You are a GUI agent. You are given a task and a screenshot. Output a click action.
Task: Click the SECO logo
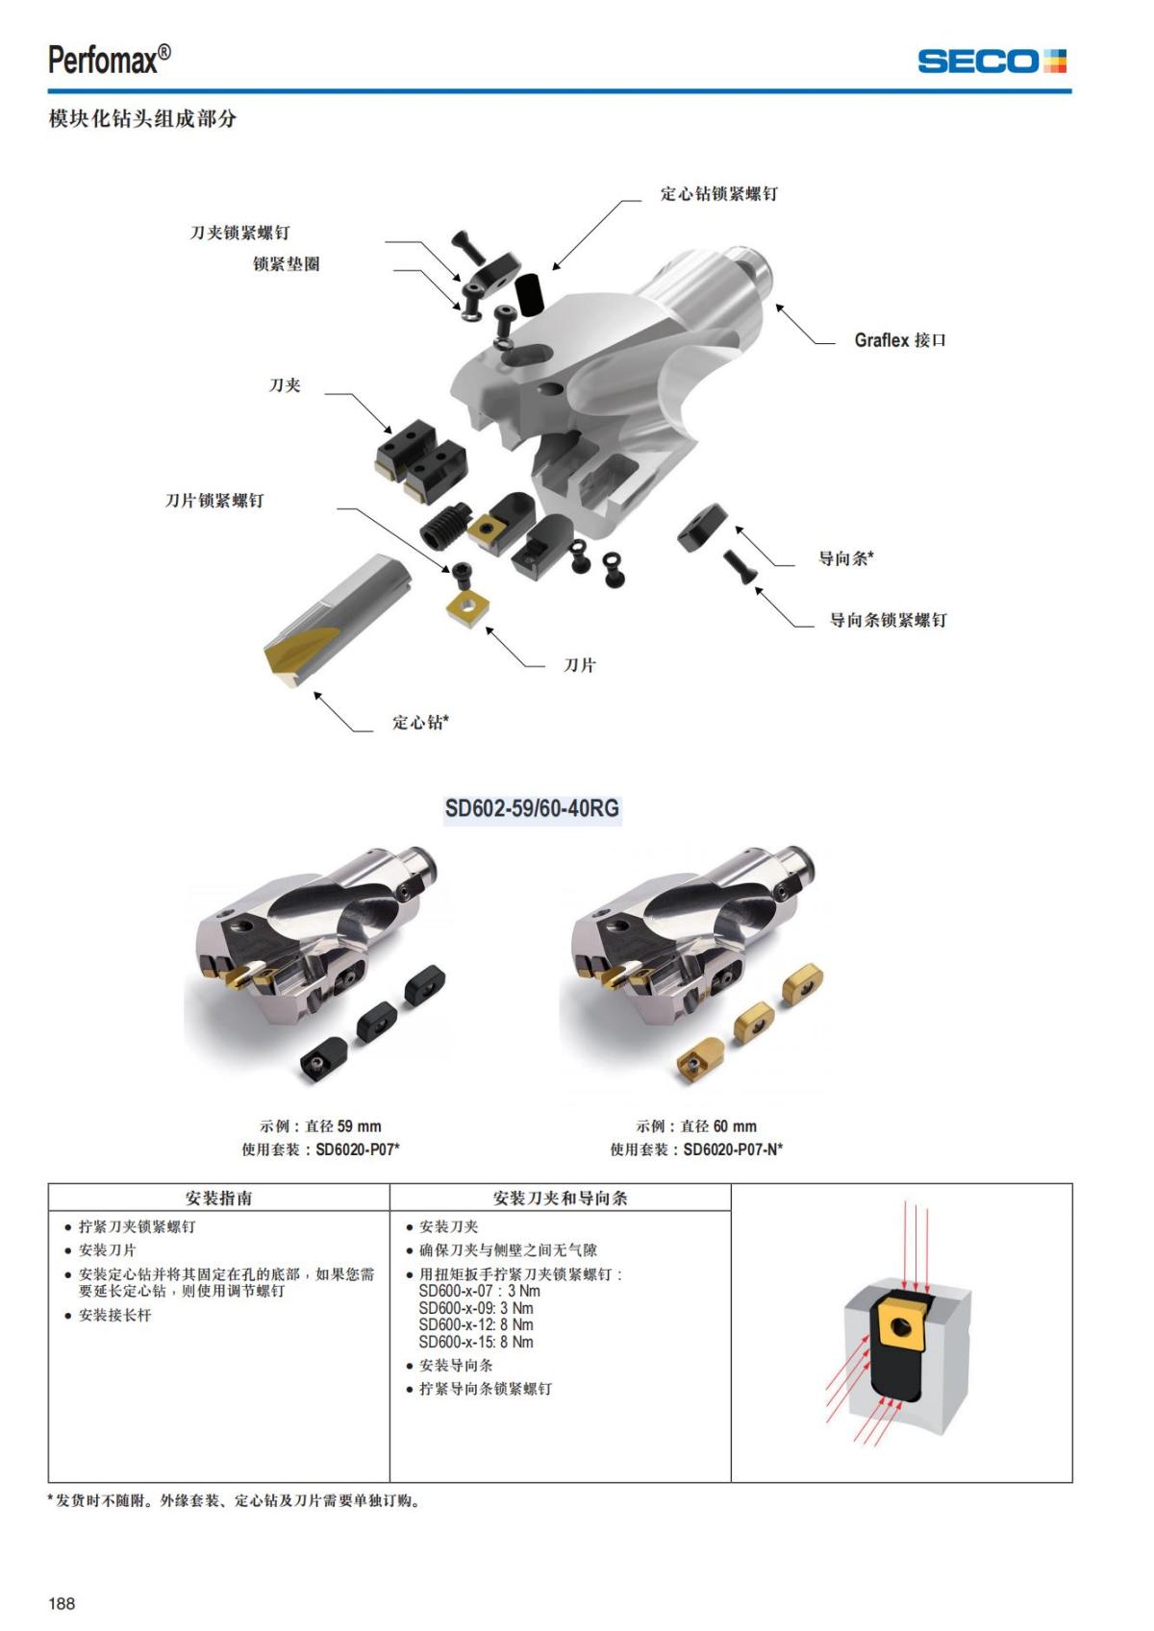991,62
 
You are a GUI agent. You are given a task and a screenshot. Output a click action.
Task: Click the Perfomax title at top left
110,60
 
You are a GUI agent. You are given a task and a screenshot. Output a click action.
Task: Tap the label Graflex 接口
900,340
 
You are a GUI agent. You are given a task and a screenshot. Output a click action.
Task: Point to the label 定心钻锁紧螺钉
718,194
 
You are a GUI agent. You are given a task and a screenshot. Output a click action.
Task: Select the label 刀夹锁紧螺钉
239,233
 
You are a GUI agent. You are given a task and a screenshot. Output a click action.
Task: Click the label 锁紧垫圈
286,263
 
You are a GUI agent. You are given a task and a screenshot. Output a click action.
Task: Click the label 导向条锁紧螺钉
888,620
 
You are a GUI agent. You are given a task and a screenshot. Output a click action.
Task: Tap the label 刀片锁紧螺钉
213,500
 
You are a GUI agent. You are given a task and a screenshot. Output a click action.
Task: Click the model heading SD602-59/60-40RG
532,807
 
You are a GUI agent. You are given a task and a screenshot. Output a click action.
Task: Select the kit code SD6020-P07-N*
733,1149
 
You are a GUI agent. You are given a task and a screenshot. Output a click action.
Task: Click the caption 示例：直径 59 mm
320,1125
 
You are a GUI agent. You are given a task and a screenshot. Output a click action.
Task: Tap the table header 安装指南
219,1198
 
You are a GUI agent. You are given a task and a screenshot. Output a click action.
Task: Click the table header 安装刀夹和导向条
560,1198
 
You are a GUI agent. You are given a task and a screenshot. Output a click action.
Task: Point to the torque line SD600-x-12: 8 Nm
476,1324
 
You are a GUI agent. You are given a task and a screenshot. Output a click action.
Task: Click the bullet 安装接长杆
114,1315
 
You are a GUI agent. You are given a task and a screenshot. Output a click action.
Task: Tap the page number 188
62,1602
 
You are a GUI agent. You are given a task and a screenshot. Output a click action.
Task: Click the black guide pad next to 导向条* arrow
702,526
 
